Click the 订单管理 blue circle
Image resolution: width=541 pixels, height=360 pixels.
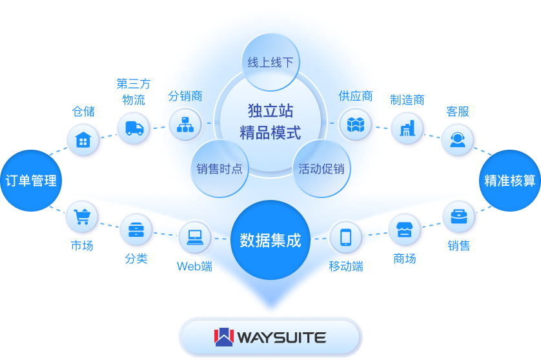[x=30, y=181]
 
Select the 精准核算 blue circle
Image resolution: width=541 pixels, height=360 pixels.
[x=510, y=181]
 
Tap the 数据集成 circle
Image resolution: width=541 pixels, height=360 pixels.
[x=270, y=241]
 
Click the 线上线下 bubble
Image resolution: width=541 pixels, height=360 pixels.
[x=270, y=63]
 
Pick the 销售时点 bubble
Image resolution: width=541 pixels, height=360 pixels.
[x=219, y=169]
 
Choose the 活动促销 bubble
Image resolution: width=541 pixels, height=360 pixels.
[x=321, y=169]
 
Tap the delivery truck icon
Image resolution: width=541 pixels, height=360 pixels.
[x=134, y=128]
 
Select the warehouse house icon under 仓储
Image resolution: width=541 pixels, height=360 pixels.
[x=83, y=140]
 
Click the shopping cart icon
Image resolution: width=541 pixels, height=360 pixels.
[x=82, y=217]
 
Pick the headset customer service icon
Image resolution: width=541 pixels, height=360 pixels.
[x=458, y=139]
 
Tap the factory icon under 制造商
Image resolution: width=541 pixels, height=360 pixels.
[x=407, y=128]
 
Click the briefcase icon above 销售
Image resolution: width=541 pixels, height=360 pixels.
[x=459, y=217]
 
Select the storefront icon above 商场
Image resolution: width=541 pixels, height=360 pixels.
[x=405, y=230]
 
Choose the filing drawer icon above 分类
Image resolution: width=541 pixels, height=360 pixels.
[x=136, y=230]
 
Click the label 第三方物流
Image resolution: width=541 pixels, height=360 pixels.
[x=134, y=92]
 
